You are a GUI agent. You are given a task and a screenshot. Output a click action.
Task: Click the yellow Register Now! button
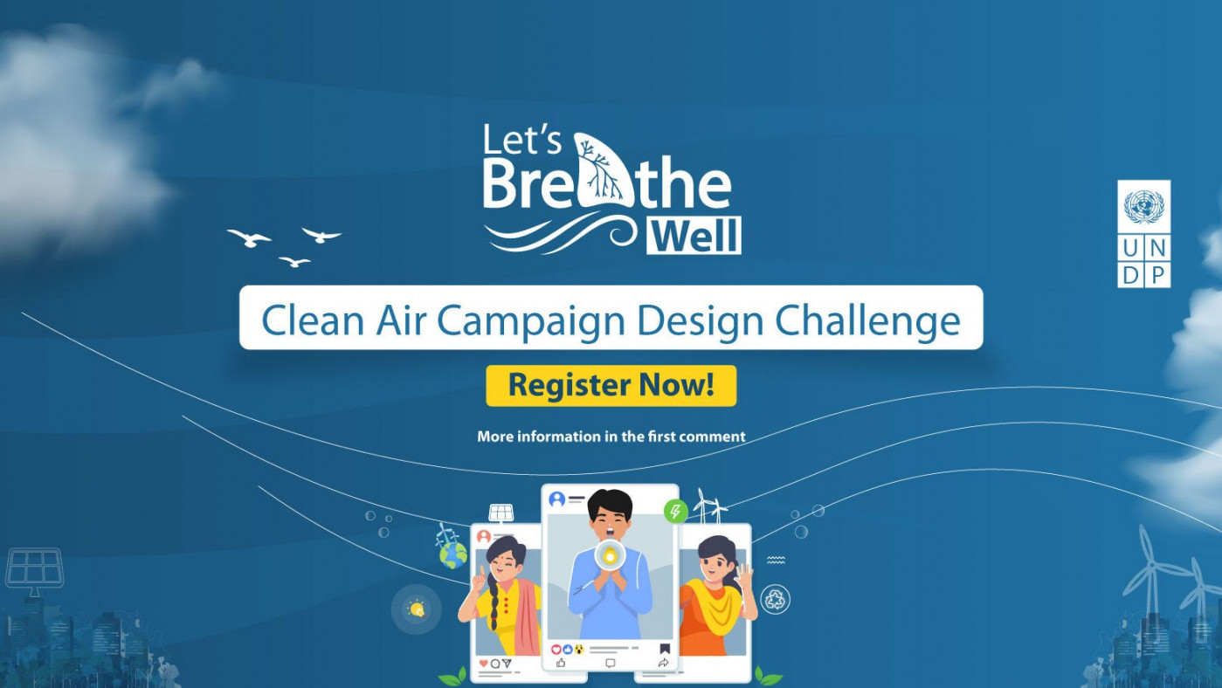611,385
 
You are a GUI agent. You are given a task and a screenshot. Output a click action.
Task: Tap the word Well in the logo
695,236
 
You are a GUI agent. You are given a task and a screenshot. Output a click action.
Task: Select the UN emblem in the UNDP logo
1143,207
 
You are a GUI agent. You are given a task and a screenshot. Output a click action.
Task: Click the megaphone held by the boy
610,554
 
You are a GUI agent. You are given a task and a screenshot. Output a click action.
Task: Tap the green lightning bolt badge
674,511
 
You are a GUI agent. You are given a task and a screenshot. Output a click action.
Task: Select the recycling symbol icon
775,598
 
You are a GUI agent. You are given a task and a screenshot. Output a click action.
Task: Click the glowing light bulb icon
416,609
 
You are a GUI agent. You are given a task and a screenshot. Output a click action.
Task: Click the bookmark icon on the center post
665,649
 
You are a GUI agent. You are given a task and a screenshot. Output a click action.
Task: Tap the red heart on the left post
484,663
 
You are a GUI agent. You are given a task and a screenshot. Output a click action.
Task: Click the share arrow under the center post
663,664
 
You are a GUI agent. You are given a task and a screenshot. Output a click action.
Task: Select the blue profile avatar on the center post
556,499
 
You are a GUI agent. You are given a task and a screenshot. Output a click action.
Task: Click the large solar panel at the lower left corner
34,568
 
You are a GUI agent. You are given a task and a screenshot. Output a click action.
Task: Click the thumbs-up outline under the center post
560,663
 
